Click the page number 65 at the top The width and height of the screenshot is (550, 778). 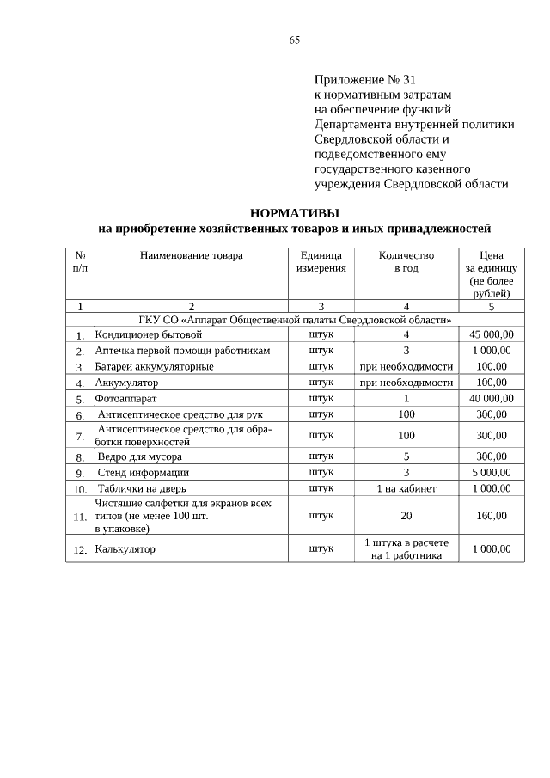click(294, 40)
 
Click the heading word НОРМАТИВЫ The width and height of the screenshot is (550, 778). click(294, 212)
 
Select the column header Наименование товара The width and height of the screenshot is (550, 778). click(191, 255)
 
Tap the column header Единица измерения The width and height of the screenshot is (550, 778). click(321, 261)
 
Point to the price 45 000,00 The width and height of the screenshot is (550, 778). click(492, 334)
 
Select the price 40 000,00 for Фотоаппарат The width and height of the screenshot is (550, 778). click(492, 399)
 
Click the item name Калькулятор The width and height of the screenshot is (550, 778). click(125, 549)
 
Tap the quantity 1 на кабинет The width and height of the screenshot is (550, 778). click(406, 488)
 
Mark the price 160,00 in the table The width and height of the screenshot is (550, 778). click(492, 516)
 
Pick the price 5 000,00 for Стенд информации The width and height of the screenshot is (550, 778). click(492, 472)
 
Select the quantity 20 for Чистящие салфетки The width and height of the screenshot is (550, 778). click(406, 516)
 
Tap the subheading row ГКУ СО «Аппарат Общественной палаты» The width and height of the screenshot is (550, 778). click(294, 320)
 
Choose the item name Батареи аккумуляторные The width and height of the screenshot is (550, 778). click(154, 366)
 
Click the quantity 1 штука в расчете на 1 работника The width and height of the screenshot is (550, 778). click(406, 549)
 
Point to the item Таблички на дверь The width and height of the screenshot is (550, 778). click(144, 488)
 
